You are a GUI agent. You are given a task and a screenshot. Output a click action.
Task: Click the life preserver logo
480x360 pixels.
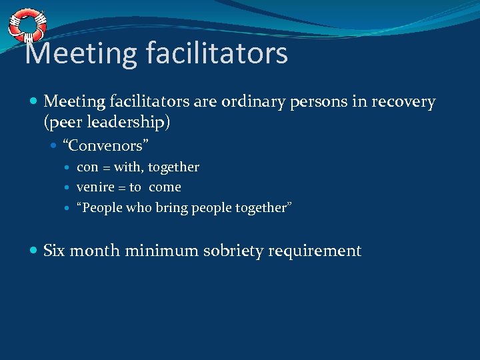point(27,25)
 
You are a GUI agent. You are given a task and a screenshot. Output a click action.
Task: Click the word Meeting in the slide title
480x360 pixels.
point(75,53)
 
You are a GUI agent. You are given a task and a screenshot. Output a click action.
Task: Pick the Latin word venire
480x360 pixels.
point(95,187)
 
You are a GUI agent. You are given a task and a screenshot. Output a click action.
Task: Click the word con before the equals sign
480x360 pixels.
point(87,167)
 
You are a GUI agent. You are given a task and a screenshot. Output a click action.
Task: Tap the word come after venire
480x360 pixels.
point(165,187)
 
